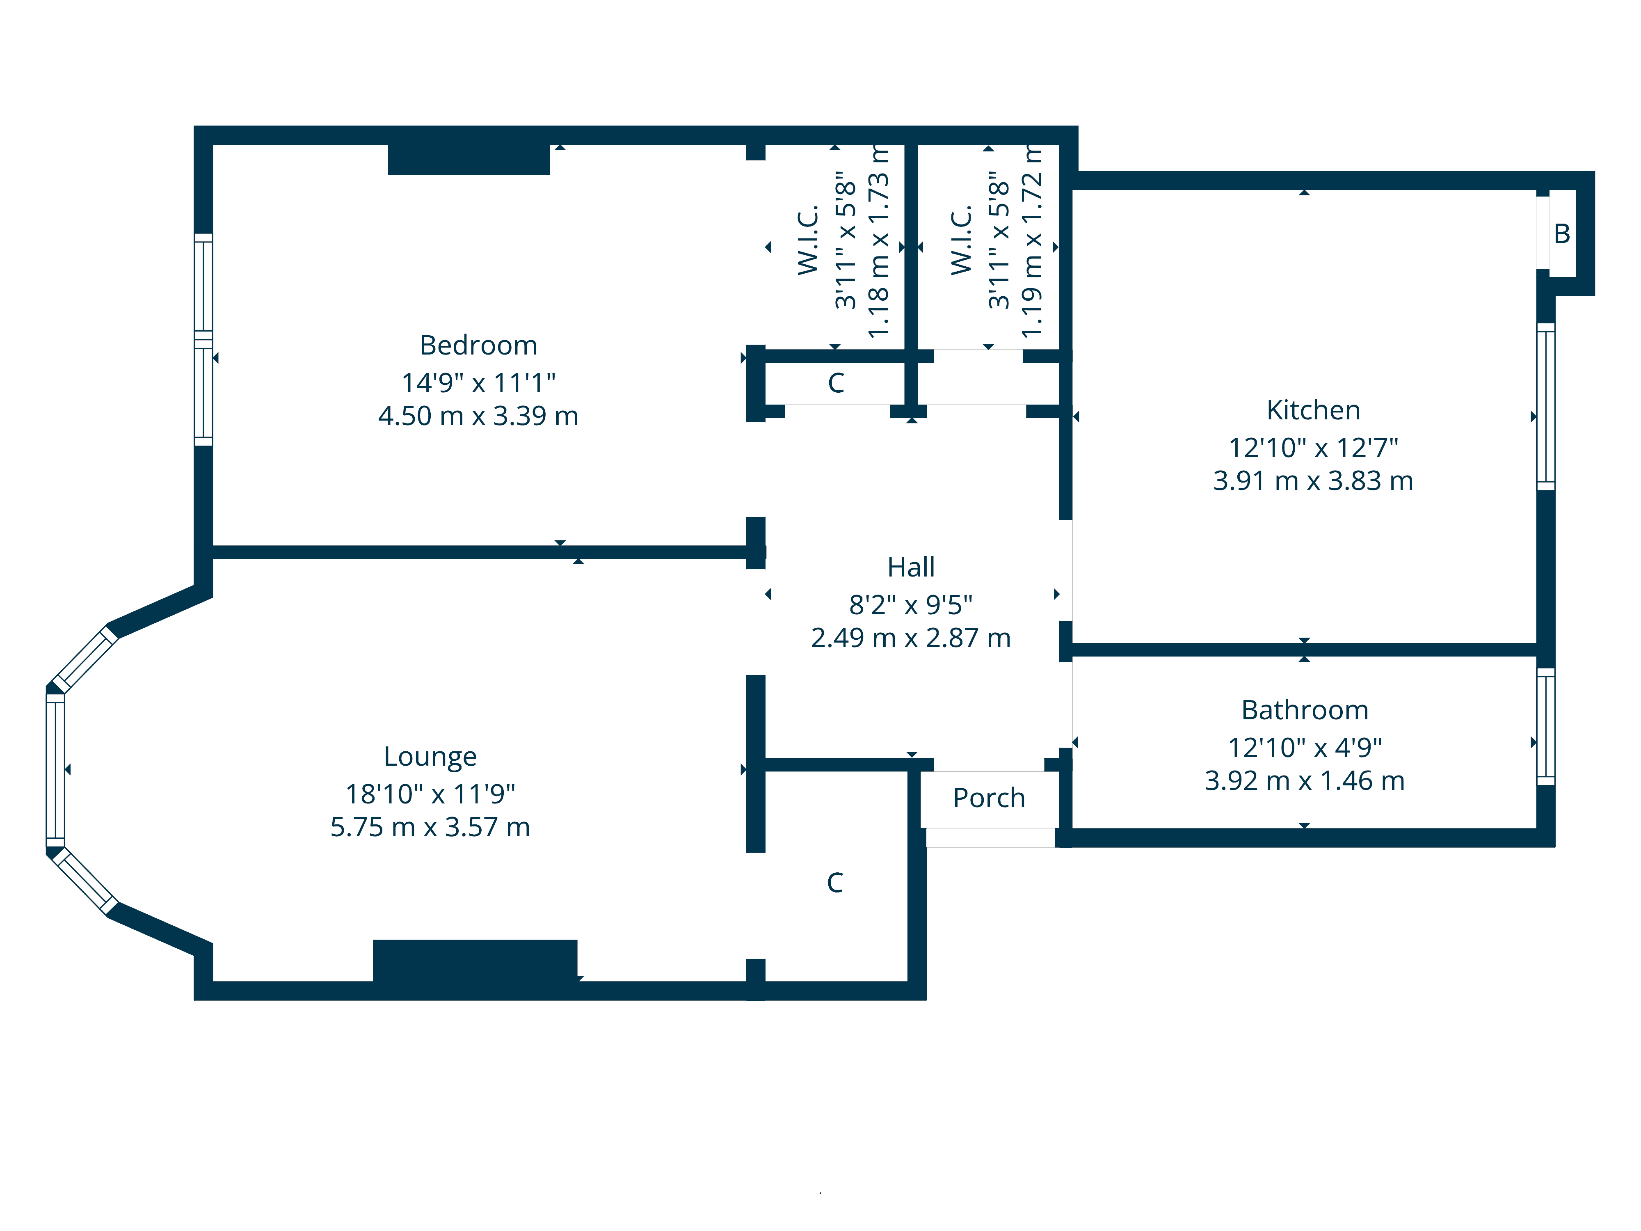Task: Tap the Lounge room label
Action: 430,757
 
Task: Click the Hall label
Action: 911,567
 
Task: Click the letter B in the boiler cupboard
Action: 1562,234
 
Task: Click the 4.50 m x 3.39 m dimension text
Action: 478,416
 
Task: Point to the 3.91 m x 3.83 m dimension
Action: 1313,481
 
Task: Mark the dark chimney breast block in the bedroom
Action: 469,160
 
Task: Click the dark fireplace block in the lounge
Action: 475,961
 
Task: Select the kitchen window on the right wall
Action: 1545,407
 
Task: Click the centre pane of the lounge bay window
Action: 56,769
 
